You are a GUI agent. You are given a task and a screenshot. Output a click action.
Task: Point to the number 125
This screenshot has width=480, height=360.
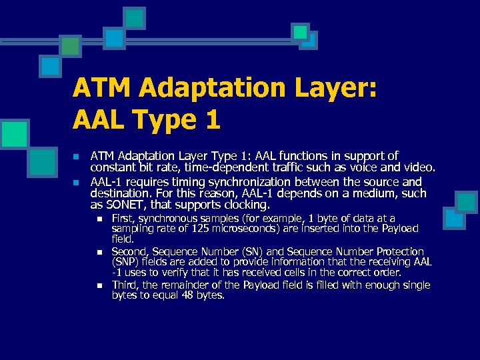[207, 228]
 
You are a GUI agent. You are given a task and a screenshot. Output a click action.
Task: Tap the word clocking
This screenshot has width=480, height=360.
[245, 205]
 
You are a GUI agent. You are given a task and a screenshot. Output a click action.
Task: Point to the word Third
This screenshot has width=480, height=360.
[125, 285]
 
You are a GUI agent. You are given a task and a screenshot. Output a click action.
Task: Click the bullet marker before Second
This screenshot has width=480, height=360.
[99, 252]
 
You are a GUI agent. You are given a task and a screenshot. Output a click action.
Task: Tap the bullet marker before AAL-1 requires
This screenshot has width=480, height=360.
[76, 182]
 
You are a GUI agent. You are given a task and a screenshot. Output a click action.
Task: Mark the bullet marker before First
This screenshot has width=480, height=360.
[99, 219]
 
